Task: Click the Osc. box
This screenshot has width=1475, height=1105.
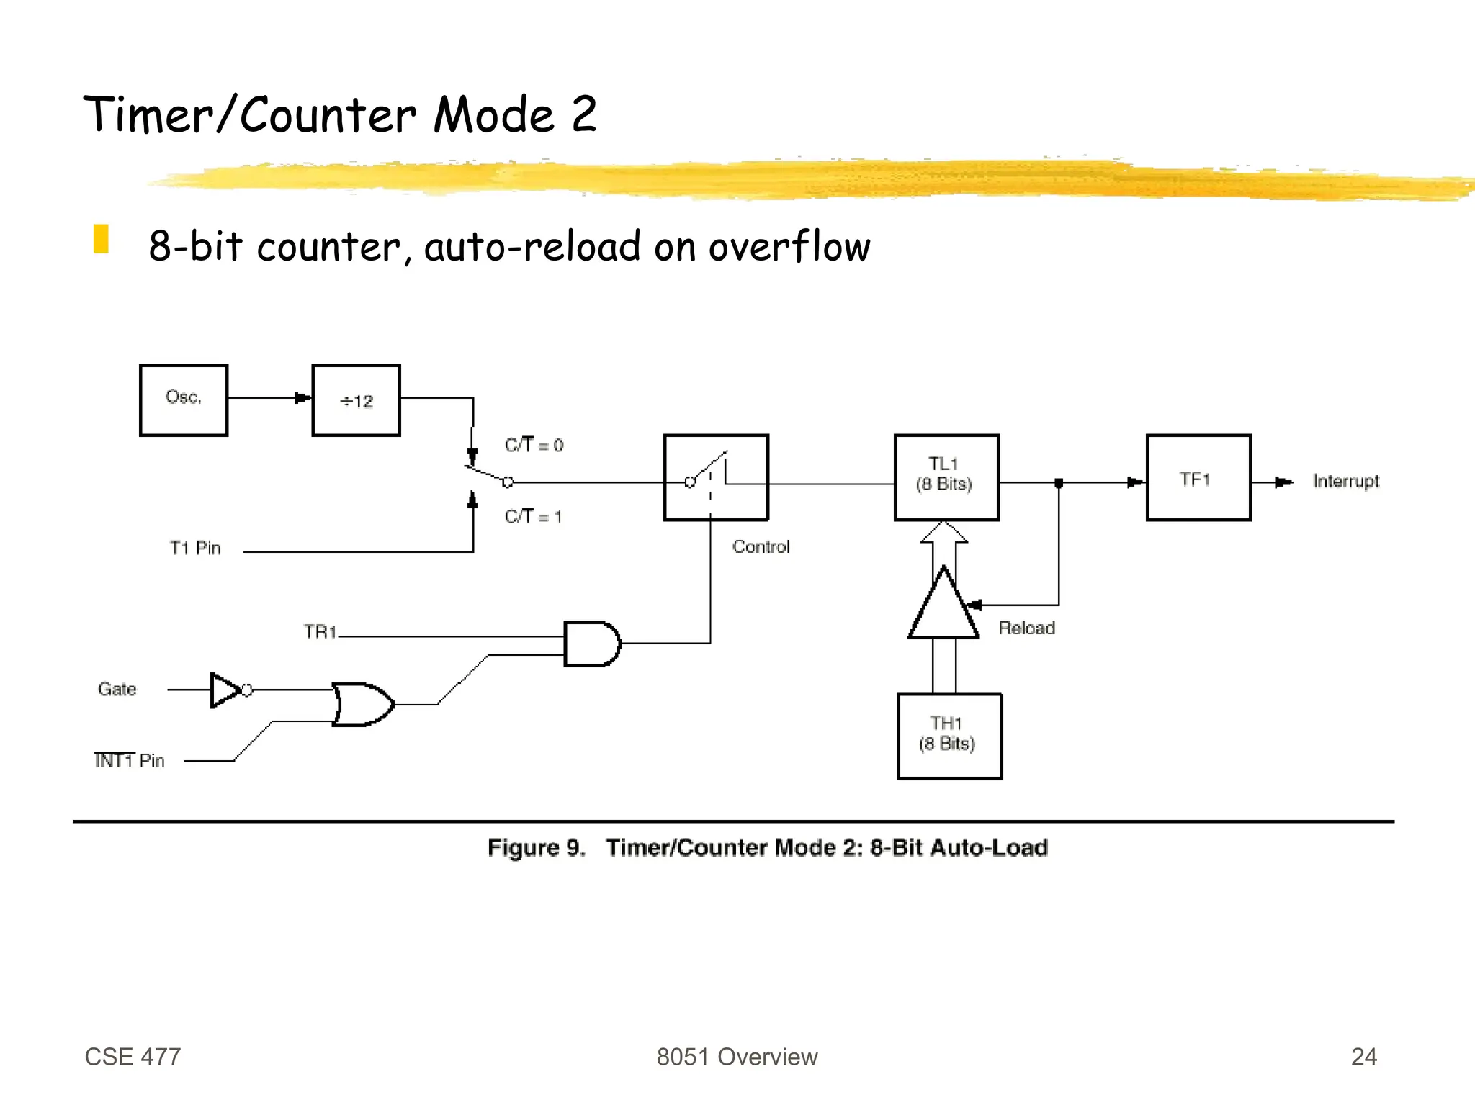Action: (x=184, y=400)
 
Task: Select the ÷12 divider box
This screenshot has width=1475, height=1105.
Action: (x=356, y=400)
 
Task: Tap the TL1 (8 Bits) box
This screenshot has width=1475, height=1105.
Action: (x=946, y=477)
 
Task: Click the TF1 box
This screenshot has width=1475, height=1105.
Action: (x=1198, y=477)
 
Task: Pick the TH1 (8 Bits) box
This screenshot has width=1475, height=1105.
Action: (x=949, y=736)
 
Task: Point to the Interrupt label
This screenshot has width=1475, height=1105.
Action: (x=1345, y=481)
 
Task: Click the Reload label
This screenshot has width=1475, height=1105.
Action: (x=1026, y=628)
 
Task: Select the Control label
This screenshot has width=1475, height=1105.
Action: (x=761, y=547)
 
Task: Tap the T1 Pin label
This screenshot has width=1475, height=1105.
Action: (x=195, y=549)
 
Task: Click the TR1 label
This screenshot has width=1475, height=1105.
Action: (x=320, y=632)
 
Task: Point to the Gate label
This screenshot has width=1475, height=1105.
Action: (x=117, y=690)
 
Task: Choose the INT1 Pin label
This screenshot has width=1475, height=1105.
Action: (x=130, y=761)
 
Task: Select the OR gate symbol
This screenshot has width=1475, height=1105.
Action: (x=362, y=704)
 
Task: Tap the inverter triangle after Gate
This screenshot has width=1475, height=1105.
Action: (x=225, y=690)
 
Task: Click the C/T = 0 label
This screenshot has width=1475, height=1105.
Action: (x=534, y=445)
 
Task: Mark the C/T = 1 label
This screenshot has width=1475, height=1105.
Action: (x=533, y=516)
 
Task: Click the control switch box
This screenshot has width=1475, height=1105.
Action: (x=716, y=477)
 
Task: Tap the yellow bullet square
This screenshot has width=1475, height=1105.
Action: (x=101, y=239)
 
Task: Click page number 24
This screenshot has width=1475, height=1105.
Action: (x=1363, y=1056)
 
